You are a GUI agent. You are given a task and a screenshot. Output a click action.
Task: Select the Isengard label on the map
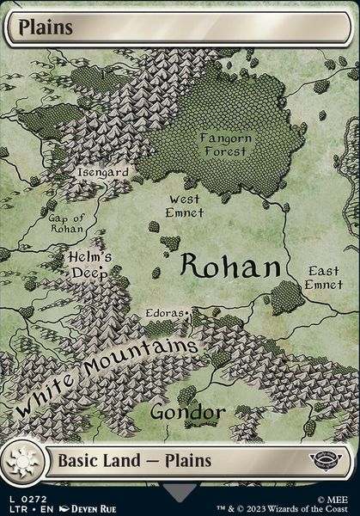[x=103, y=172]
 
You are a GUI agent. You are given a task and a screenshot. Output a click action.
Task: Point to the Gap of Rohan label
[x=66, y=223]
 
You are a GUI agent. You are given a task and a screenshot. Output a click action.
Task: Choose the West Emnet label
[x=185, y=206]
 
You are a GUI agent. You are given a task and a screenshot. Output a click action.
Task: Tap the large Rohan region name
[x=230, y=267]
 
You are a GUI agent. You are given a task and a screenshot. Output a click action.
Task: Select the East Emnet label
[x=324, y=278]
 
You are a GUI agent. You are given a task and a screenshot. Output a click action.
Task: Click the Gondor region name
[x=187, y=413]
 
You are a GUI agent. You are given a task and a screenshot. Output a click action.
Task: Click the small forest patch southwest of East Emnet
[x=286, y=297]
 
